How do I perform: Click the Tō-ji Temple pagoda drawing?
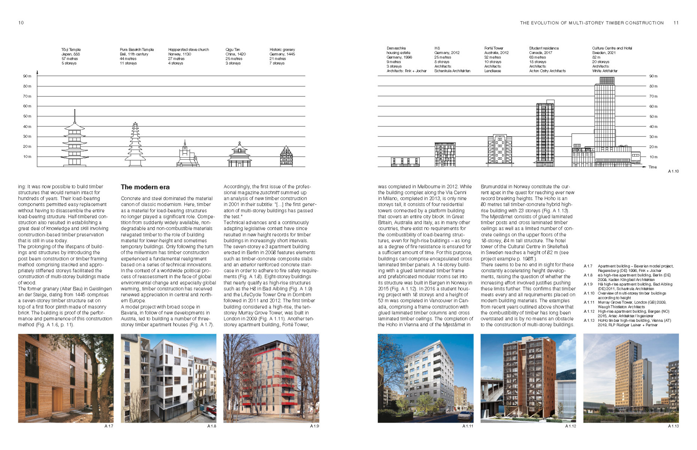[75, 141]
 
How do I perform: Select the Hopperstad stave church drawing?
[187, 155]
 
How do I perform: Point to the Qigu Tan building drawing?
[239, 156]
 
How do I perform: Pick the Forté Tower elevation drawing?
[500, 150]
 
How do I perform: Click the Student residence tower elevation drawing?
[545, 134]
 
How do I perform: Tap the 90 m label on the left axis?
[27, 76]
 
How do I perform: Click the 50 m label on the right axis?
[654, 117]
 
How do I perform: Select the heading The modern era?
[145, 187]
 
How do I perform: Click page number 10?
[21, 23]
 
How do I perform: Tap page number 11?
[676, 23]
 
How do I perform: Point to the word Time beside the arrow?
[653, 167]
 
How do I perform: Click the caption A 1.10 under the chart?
[673, 171]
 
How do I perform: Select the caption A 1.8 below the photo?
[211, 426]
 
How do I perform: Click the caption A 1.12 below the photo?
[570, 426]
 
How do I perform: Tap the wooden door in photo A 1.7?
[57, 399]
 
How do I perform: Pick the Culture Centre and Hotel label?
[612, 48]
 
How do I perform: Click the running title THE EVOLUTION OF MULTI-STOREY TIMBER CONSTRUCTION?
[592, 23]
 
